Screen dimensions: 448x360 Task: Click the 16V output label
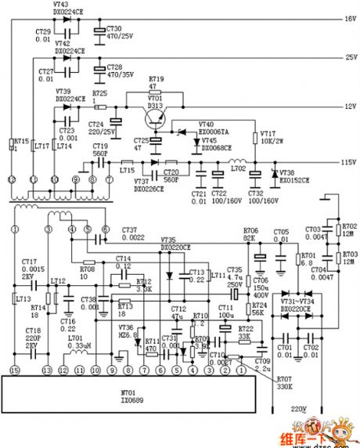point(350,18)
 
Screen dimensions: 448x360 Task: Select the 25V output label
point(350,57)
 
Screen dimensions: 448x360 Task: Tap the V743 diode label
point(66,5)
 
